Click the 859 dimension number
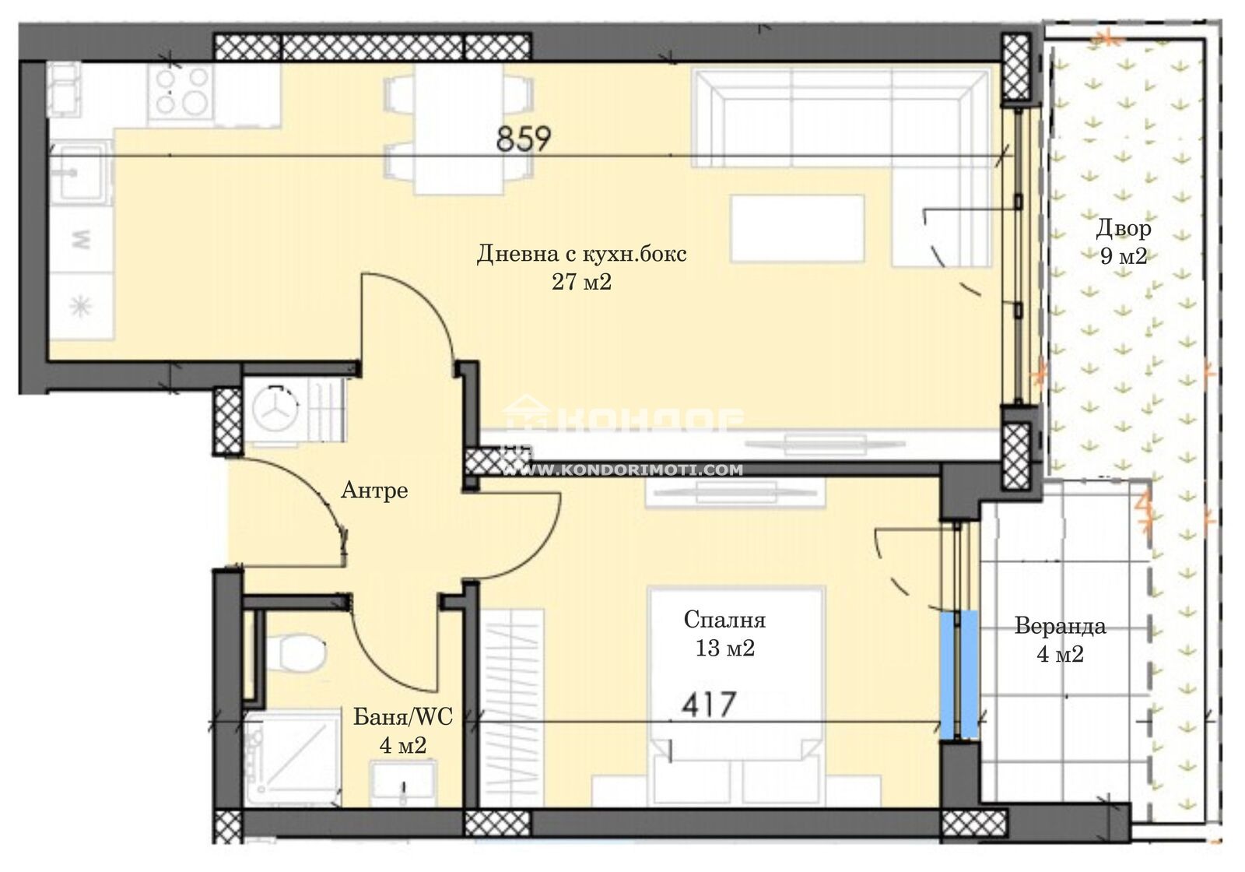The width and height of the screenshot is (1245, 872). (523, 139)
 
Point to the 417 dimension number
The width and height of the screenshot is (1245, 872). (709, 705)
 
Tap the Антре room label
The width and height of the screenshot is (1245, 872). (374, 490)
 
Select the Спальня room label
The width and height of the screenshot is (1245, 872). (724, 620)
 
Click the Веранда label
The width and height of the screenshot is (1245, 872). (1060, 626)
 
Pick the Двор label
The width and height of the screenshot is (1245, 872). (1124, 229)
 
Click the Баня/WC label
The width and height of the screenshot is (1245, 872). (403, 717)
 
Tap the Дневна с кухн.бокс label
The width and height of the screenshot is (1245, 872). (581, 254)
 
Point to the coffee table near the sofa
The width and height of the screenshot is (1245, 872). (798, 228)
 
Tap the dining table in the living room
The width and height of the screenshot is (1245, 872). (459, 128)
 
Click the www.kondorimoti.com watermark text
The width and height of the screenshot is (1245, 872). (622, 470)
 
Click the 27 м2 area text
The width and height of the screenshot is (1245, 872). (581, 283)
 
